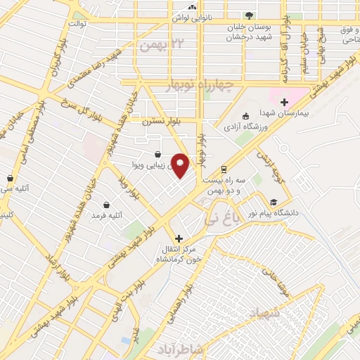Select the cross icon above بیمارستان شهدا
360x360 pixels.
[x=284, y=102]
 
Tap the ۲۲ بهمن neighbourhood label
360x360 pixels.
[x=156, y=46]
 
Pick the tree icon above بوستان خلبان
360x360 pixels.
[x=248, y=16]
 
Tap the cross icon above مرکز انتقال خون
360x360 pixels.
[x=179, y=238]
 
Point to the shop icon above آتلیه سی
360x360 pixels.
[x=10, y=179]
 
